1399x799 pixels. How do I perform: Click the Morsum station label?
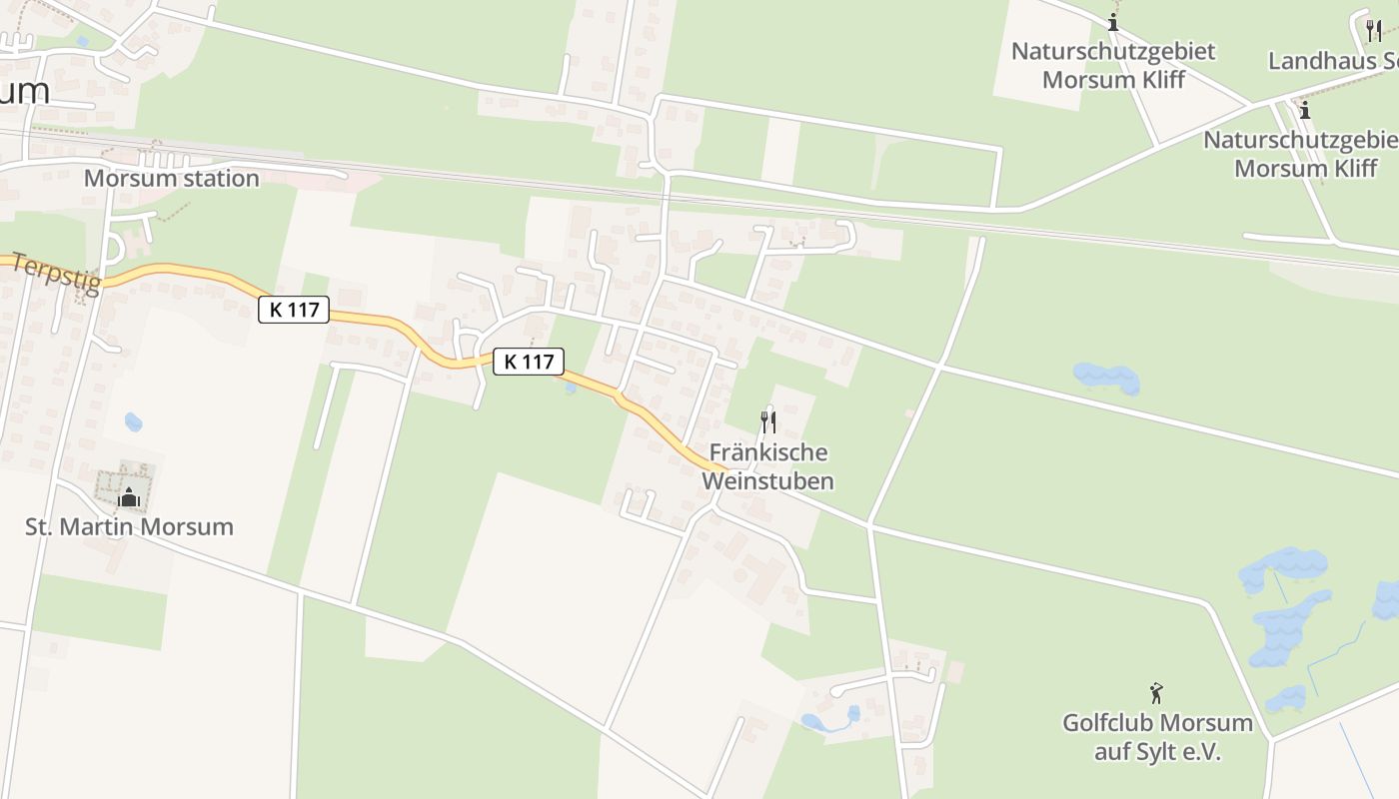[171, 179]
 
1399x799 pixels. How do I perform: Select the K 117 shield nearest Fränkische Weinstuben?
[529, 362]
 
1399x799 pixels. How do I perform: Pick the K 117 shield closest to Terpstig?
[294, 310]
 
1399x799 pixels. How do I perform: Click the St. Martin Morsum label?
[129, 526]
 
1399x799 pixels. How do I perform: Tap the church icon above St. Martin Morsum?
[129, 496]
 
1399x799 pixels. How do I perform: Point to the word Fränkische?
[767, 452]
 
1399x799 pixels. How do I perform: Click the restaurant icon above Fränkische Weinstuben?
[767, 421]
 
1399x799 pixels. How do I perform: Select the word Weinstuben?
[767, 480]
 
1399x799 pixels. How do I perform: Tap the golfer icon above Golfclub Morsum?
[1156, 692]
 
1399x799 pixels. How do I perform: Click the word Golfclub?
[1106, 722]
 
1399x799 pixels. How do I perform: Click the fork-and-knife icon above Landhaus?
[1374, 31]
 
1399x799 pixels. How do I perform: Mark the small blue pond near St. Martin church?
[134, 422]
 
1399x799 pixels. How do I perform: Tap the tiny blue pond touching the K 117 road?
[570, 388]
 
